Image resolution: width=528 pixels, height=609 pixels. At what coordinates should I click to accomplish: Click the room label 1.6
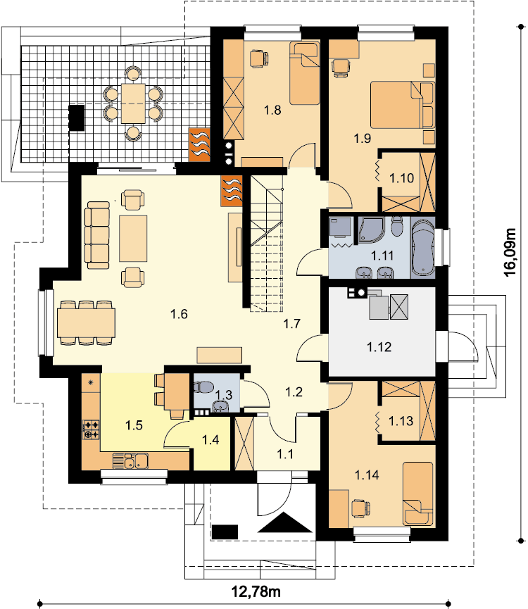[x=179, y=314]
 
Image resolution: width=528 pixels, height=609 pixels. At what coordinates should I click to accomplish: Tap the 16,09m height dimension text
[x=511, y=252]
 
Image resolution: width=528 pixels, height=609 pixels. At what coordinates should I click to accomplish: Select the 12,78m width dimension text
[x=256, y=591]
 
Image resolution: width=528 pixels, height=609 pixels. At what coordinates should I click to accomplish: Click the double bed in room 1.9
[x=401, y=104]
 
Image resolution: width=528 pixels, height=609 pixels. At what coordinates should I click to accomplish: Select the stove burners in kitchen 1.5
[x=92, y=430]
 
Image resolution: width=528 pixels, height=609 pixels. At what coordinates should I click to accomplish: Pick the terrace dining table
[x=133, y=103]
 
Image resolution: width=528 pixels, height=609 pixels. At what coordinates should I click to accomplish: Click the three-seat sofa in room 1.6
[x=97, y=235]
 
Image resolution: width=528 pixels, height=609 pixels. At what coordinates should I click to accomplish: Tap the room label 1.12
[x=379, y=347]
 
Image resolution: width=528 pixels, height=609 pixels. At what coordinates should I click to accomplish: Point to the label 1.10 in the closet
[x=401, y=178]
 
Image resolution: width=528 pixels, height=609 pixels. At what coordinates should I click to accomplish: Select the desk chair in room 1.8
[x=258, y=58]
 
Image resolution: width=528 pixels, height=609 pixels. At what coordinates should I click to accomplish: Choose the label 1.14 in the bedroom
[x=367, y=475]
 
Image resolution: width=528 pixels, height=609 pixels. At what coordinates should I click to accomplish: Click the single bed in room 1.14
[x=417, y=494]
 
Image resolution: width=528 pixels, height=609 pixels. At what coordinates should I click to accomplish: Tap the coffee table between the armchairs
[x=133, y=239]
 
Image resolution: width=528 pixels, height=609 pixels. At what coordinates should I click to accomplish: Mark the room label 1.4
[x=210, y=439]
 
